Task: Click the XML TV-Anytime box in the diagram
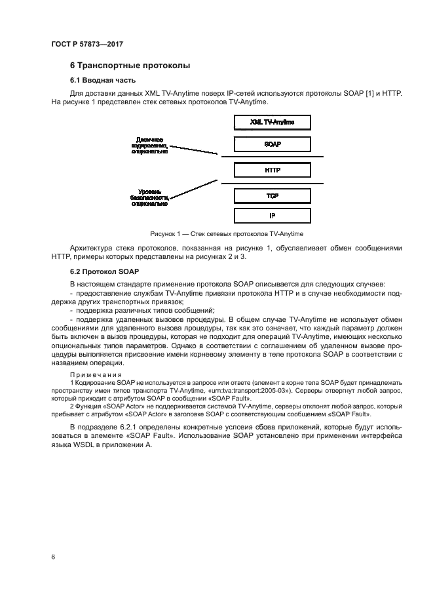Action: pos(272,123)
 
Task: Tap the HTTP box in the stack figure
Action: pos(272,170)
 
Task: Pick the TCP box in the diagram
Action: pos(272,196)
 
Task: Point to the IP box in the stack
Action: pos(272,215)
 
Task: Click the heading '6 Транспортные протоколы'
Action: pos(130,66)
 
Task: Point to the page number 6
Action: pos(53,557)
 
